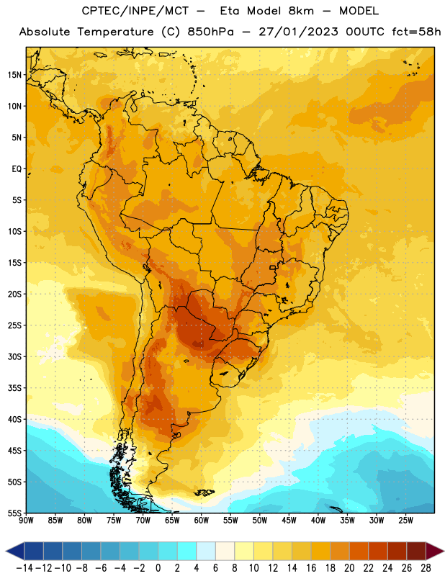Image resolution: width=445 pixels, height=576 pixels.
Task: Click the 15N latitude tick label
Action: [14, 75]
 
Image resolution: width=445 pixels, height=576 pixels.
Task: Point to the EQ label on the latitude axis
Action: [17, 169]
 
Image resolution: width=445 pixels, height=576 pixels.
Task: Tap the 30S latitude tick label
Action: [14, 356]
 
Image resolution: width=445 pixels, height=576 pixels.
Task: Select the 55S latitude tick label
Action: [14, 513]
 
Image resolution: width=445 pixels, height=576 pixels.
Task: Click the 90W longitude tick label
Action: [26, 521]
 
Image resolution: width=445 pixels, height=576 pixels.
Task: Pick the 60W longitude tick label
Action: [202, 521]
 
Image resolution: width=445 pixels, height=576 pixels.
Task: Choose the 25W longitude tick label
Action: [405, 521]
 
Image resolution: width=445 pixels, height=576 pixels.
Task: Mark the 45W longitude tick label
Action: [289, 521]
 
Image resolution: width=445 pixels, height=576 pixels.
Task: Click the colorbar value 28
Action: [426, 568]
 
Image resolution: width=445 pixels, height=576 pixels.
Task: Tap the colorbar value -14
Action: [24, 568]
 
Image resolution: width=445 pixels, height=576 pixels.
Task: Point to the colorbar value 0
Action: [158, 568]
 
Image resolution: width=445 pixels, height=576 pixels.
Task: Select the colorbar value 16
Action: [311, 568]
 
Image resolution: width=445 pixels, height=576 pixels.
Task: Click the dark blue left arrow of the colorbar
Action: [15, 552]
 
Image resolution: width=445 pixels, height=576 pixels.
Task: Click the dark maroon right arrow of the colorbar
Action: [435, 552]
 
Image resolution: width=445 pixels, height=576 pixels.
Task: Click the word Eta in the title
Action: [230, 11]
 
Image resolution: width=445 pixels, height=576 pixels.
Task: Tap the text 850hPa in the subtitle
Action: [210, 32]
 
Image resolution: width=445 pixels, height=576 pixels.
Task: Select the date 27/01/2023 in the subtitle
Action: [298, 32]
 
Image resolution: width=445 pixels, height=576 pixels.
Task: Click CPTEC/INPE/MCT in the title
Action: [135, 11]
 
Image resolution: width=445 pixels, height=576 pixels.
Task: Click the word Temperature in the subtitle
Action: [115, 32]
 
